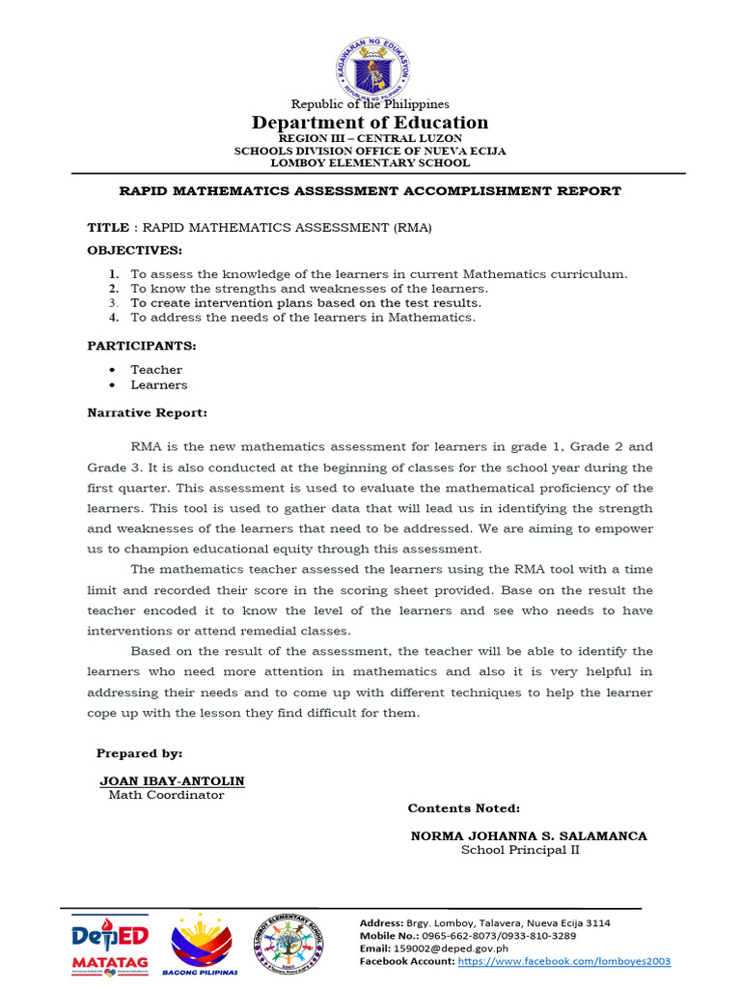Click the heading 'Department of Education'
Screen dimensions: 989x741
coord(370,123)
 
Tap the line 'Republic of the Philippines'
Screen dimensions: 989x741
coord(370,103)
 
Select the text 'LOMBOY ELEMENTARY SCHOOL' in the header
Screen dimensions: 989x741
coord(370,163)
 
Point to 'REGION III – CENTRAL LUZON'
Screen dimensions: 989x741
coord(370,139)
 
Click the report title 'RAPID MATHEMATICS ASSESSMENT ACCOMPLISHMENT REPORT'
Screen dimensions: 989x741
coord(370,191)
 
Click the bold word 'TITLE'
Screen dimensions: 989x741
coord(108,228)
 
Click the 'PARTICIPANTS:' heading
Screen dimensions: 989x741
coord(142,345)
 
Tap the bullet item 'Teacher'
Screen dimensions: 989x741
coord(156,370)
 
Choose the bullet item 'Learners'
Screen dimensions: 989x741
coord(159,385)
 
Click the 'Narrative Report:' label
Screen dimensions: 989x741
coord(147,412)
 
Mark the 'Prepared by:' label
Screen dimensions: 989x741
coord(139,753)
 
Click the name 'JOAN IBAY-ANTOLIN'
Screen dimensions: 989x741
coord(172,780)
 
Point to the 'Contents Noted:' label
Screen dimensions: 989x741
coord(463,808)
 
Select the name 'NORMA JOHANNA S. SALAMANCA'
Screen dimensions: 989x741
coord(529,835)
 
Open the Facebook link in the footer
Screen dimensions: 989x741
coord(563,962)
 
